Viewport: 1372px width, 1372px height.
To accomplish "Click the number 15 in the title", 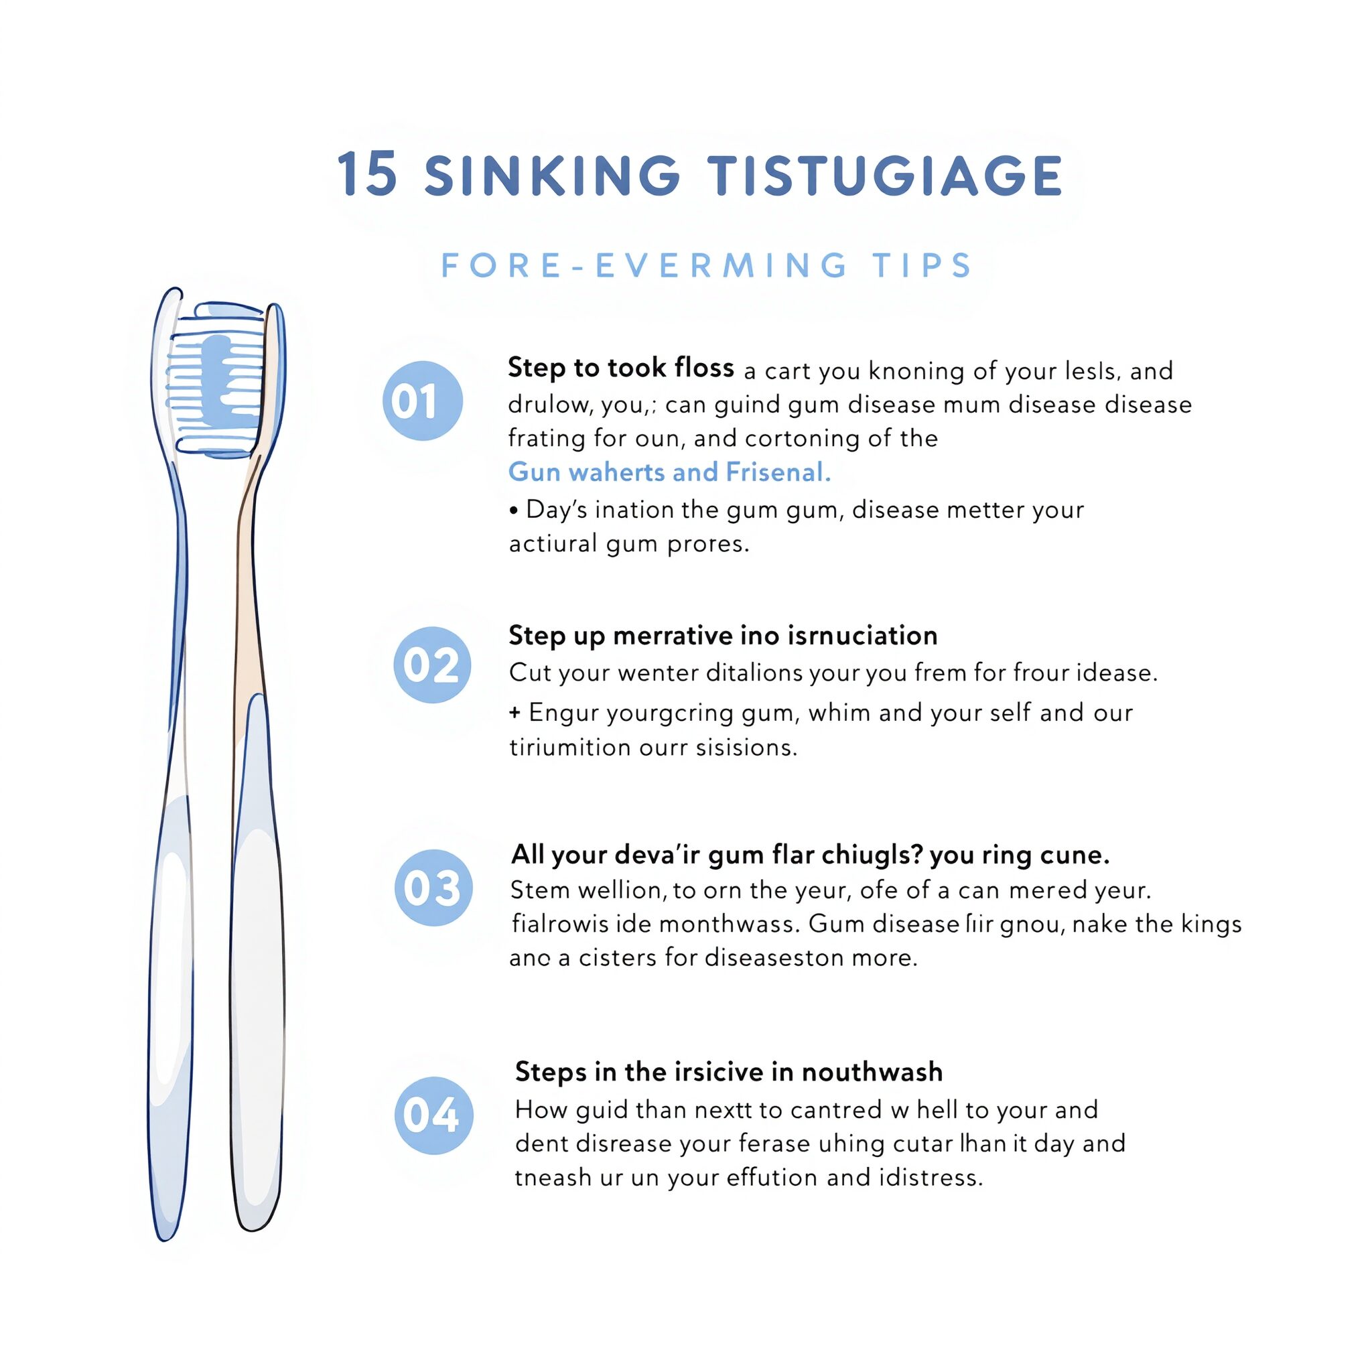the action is [x=366, y=174].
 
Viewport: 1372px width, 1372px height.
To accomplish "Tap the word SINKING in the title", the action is [x=553, y=175].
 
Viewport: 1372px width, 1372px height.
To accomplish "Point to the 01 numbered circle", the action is [x=423, y=401].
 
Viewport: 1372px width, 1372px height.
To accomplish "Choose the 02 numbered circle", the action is [x=432, y=665].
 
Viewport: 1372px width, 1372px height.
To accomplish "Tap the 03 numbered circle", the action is [x=433, y=887].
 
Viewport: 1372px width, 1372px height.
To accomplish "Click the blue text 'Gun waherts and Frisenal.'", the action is [x=670, y=472].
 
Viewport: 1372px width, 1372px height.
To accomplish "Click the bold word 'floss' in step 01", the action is [x=705, y=367].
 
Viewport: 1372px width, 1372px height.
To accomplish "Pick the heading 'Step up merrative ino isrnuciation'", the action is [x=723, y=636].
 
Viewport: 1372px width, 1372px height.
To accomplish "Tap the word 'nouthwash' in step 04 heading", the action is [x=872, y=1072].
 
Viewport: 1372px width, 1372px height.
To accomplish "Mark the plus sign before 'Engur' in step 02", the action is [x=515, y=712].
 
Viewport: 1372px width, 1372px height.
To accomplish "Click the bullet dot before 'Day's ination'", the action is [x=513, y=510].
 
